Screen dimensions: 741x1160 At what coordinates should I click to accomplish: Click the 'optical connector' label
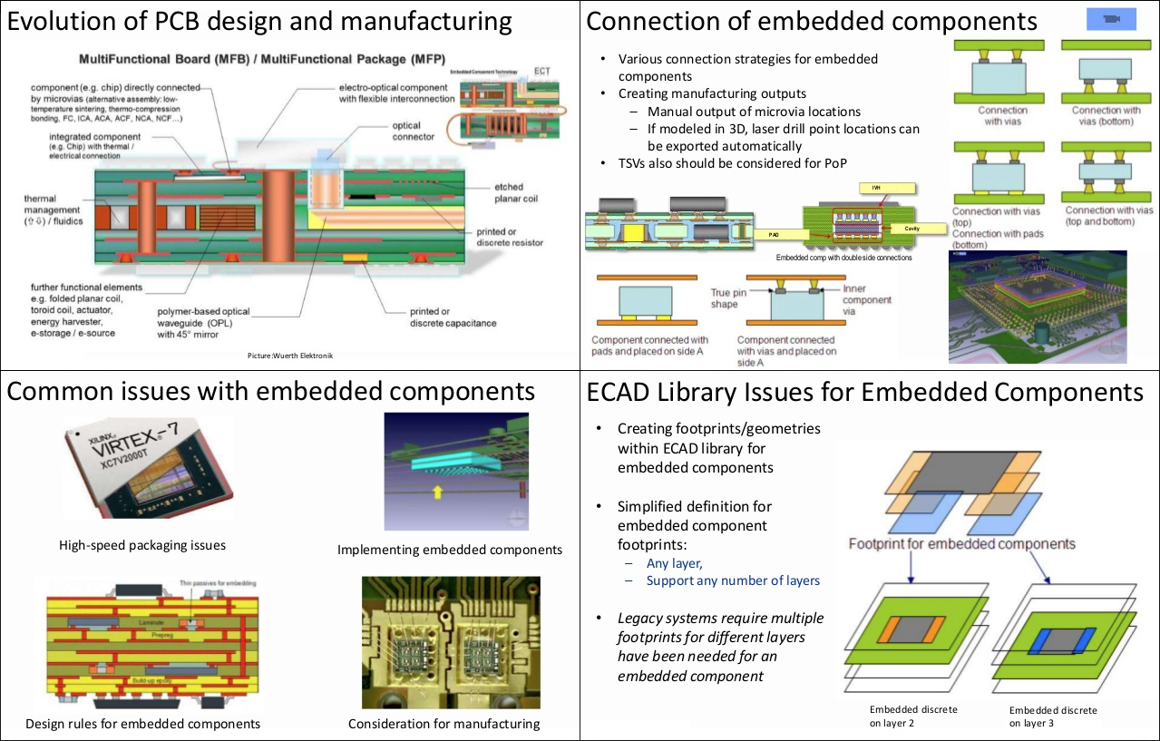click(413, 132)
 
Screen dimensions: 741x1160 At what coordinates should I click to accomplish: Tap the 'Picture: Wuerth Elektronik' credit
click(290, 356)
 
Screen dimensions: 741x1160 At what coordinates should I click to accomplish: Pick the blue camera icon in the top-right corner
click(1111, 19)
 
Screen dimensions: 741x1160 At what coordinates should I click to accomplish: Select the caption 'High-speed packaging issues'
click(142, 545)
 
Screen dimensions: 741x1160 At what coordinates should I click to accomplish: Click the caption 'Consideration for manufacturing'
click(444, 723)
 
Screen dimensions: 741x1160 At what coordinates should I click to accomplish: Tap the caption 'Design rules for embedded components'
click(143, 723)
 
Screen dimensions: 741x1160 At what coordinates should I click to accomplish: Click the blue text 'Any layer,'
click(674, 563)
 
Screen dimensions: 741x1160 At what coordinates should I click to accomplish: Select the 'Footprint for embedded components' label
click(961, 544)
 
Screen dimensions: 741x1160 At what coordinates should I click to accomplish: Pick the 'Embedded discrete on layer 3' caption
click(1053, 717)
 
